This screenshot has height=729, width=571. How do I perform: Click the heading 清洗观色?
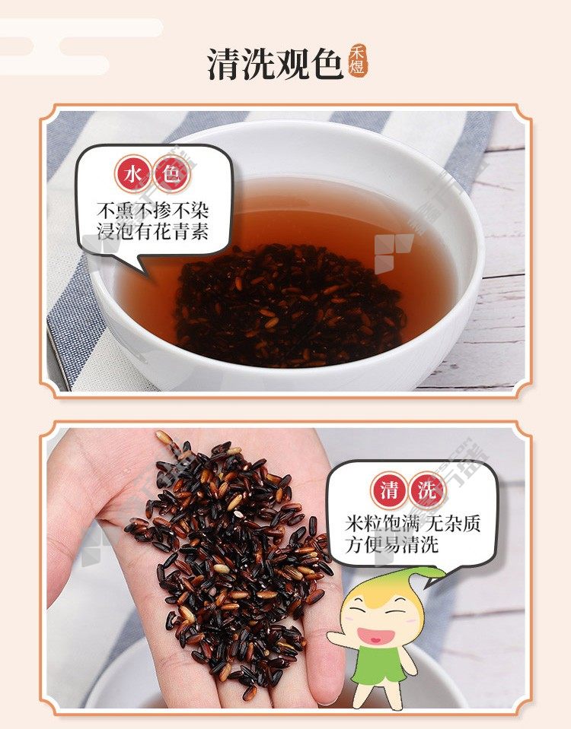276,64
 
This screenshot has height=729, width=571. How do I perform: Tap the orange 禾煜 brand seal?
357,62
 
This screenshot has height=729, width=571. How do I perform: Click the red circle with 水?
134,174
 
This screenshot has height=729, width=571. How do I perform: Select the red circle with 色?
171,174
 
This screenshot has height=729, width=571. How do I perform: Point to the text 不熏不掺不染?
152,211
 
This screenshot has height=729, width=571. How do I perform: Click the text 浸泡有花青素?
152,232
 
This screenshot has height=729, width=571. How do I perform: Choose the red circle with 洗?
427,490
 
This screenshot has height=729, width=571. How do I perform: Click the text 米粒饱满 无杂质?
413,524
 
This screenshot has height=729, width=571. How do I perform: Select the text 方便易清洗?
391,544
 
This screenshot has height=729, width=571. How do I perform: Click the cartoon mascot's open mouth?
375,635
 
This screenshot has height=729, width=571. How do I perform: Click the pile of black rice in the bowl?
289,306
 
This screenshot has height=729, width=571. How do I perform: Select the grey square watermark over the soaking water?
394,253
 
